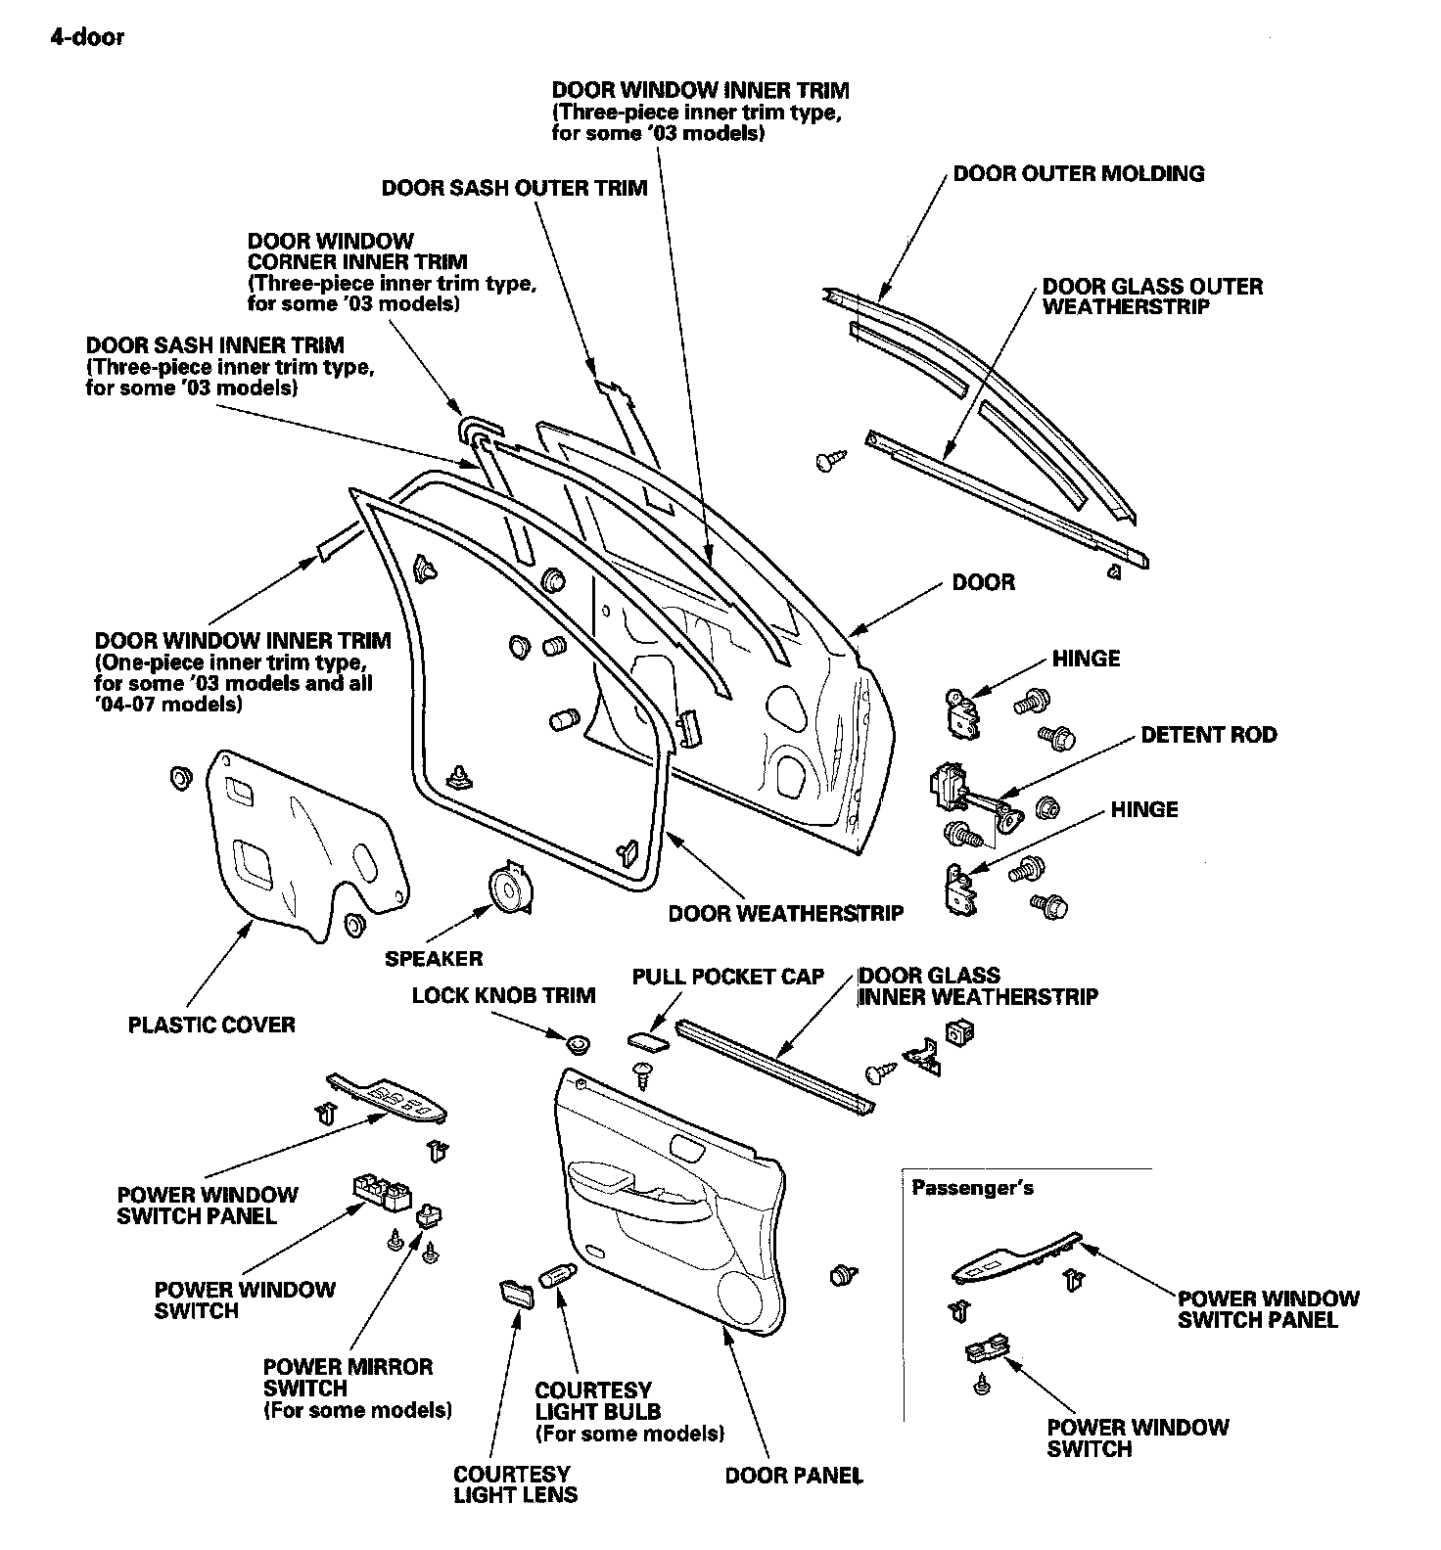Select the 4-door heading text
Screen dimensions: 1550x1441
tap(87, 38)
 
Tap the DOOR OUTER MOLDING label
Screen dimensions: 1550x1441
tap(1078, 174)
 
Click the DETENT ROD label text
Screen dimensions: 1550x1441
tap(1208, 735)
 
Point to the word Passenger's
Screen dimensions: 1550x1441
tap(972, 1188)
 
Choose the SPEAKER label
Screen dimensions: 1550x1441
tap(434, 958)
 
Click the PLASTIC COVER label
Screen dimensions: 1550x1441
tap(211, 1025)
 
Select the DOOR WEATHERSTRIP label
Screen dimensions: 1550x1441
tap(785, 913)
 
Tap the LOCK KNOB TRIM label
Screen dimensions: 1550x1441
tap(503, 996)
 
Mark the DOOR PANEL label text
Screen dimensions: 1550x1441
tap(793, 1475)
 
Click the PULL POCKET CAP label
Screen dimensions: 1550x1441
tap(728, 977)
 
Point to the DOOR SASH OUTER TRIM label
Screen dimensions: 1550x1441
tap(514, 188)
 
